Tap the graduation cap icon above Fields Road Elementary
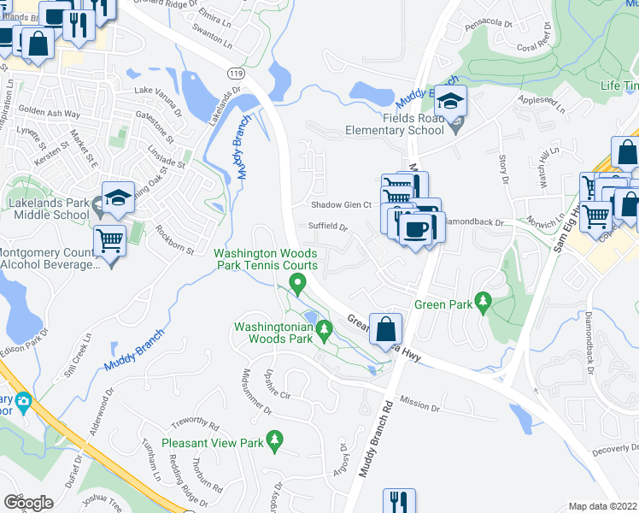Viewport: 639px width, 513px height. click(x=449, y=103)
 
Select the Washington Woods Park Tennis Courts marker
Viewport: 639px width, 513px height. click(x=297, y=283)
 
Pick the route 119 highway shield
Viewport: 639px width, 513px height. click(x=232, y=74)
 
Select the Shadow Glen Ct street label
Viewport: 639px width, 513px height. click(x=341, y=205)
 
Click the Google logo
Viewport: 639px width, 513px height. click(x=28, y=503)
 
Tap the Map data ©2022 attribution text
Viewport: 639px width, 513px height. click(x=603, y=506)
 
